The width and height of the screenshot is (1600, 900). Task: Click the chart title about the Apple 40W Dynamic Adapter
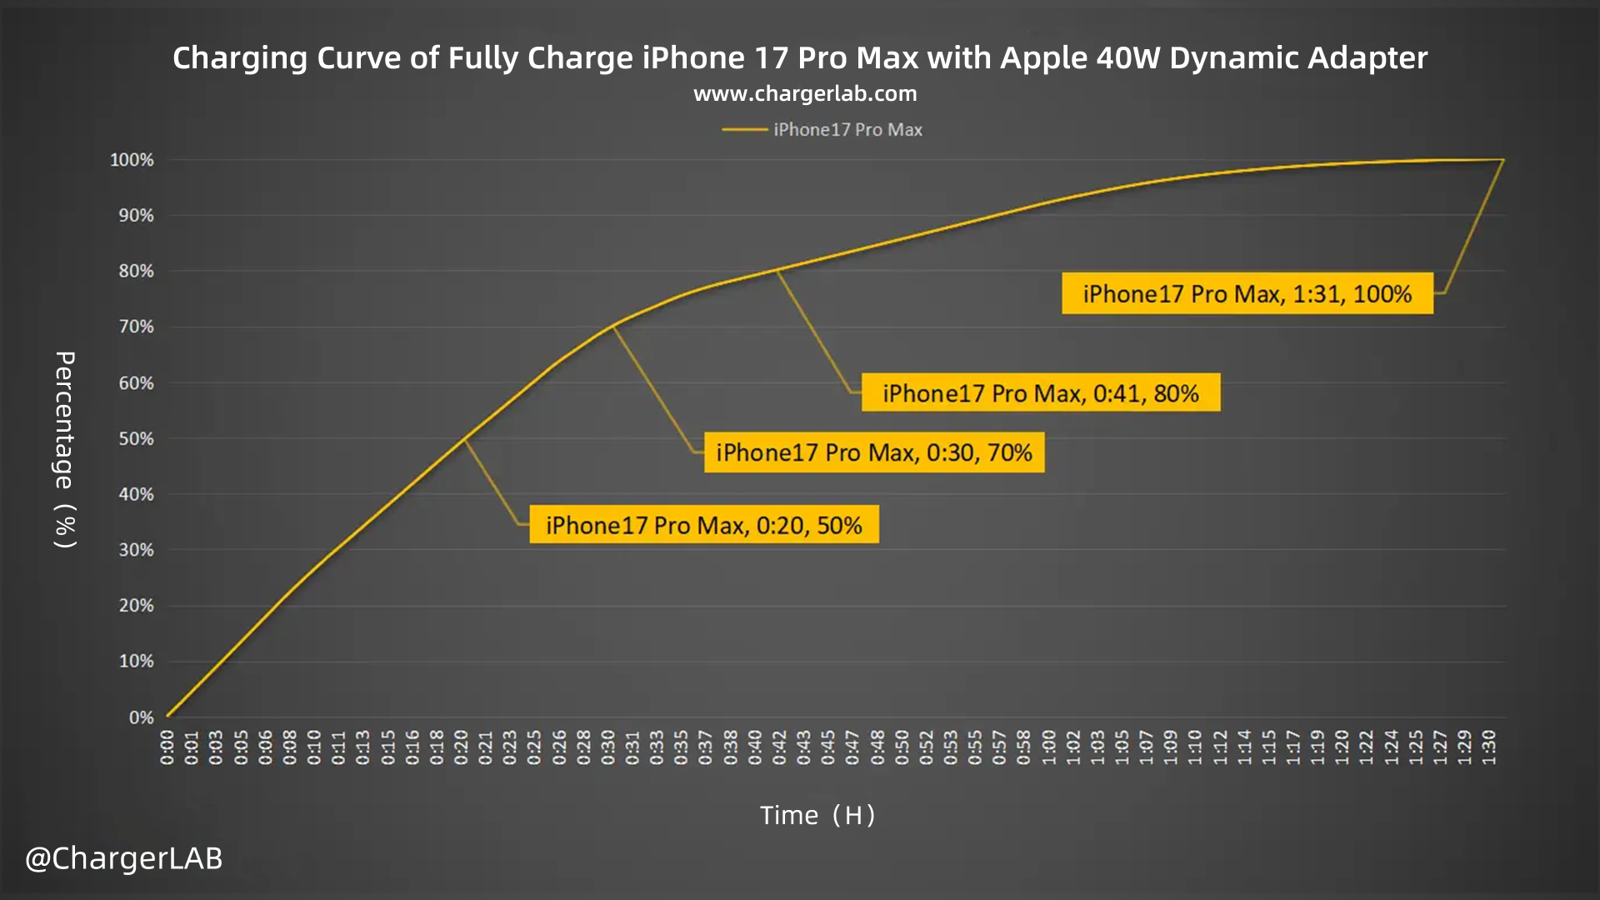tap(800, 58)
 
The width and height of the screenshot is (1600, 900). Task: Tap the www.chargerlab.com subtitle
tap(805, 93)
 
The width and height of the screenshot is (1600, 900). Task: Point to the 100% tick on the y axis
tap(132, 160)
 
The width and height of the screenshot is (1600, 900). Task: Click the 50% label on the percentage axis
tap(136, 439)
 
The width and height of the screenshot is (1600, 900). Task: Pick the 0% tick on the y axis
tap(141, 717)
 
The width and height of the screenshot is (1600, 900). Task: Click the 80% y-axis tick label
tap(136, 272)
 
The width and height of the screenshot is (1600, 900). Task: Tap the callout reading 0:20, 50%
tap(704, 525)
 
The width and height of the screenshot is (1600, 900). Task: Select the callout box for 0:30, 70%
tap(874, 452)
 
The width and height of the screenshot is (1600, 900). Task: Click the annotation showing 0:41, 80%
tap(1041, 393)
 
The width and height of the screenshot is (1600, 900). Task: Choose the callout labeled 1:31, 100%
tap(1247, 294)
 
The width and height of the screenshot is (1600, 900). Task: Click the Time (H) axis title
tap(817, 815)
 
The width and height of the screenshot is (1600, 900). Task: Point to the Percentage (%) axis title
tap(65, 450)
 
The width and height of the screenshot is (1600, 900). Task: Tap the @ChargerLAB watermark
tap(124, 858)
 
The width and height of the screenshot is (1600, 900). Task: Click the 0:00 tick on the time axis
tap(167, 747)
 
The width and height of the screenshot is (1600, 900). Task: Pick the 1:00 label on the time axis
tap(1049, 747)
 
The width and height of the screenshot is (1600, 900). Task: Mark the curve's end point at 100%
tap(1503, 160)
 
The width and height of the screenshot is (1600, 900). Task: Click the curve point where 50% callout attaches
tap(464, 438)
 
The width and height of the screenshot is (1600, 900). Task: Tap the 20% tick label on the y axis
tap(136, 606)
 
